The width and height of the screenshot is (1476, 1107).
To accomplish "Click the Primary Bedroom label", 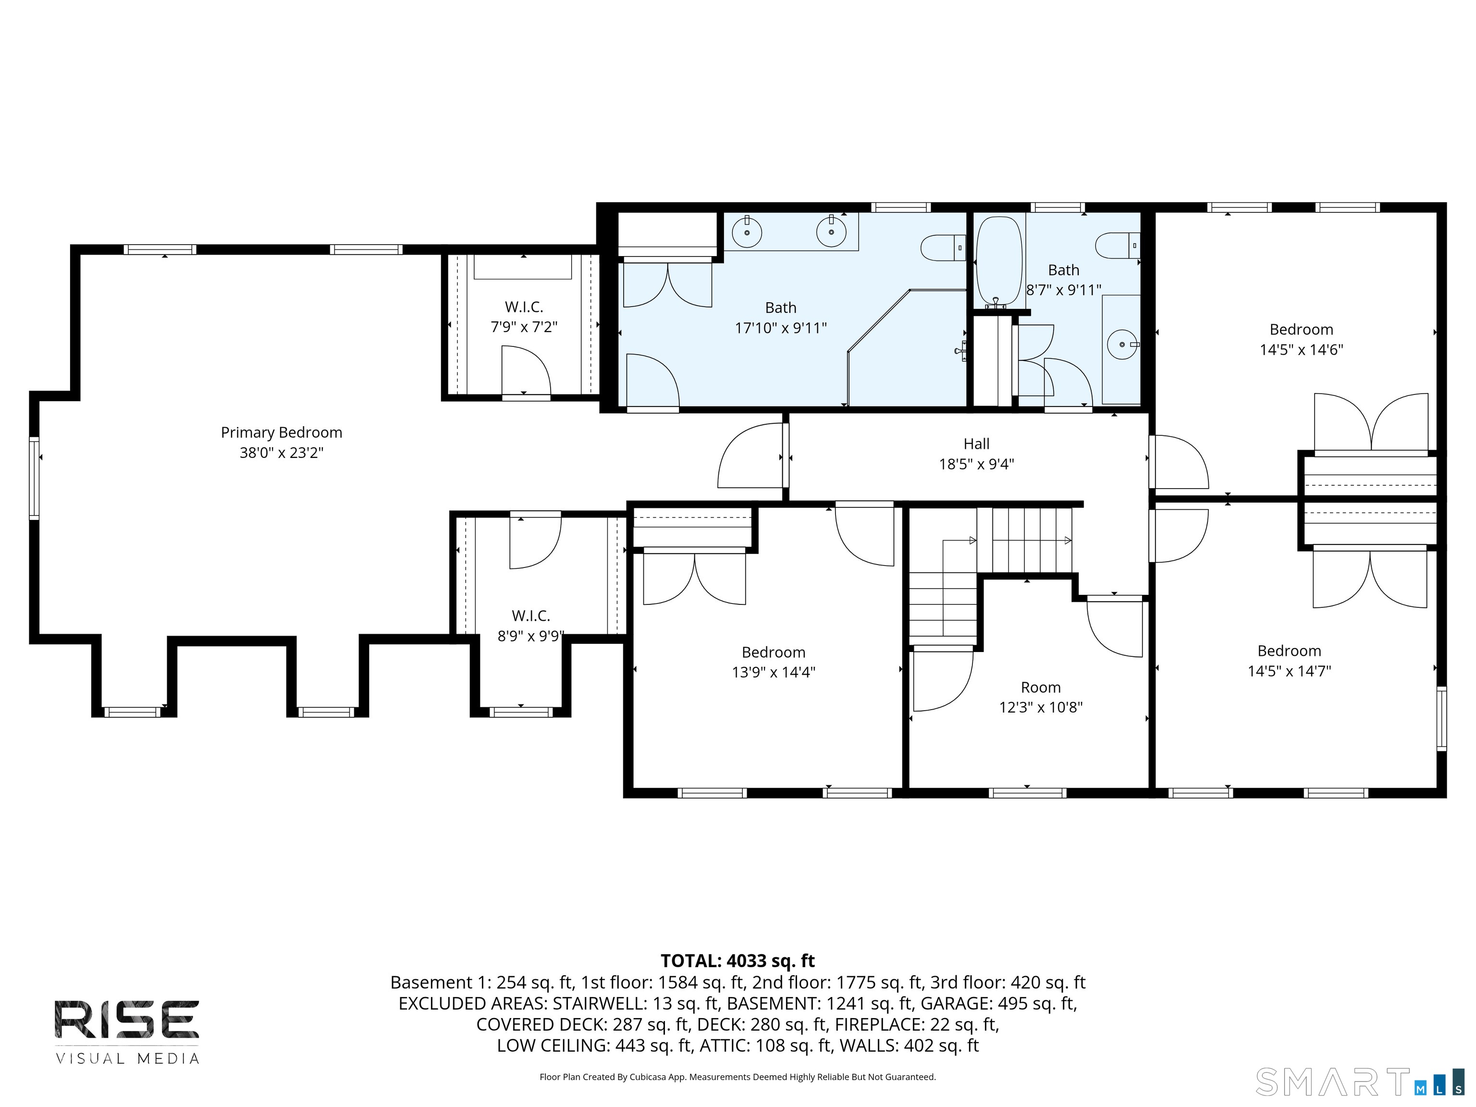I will (x=281, y=432).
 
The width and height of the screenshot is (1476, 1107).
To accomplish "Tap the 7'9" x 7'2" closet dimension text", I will (x=524, y=327).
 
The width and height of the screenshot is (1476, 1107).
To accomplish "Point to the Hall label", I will (x=976, y=444).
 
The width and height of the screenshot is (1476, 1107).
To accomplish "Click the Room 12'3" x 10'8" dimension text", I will (x=1040, y=707).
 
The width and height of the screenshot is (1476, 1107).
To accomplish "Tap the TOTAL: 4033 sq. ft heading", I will (x=738, y=961).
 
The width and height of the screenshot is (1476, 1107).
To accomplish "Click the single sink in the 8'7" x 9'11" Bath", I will (x=1122, y=344).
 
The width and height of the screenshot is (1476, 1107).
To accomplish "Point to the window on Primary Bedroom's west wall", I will (x=34, y=477).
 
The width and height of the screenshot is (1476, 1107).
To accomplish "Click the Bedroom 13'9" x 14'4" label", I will (x=774, y=652).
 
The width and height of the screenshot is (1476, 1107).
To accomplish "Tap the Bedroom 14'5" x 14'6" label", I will (x=1301, y=329).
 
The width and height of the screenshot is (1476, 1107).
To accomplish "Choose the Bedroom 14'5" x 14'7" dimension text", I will (x=1289, y=671).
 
